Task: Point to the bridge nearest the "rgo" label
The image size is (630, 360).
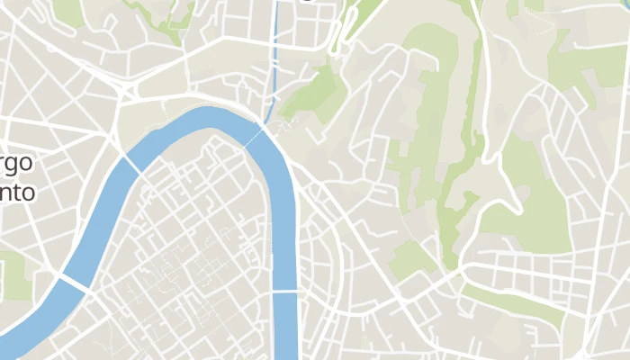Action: coord(131,166)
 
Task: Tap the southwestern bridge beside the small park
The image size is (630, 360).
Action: coord(76,283)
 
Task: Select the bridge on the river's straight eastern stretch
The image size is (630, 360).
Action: coord(284,292)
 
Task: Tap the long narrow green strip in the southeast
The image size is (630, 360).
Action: coord(513,301)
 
